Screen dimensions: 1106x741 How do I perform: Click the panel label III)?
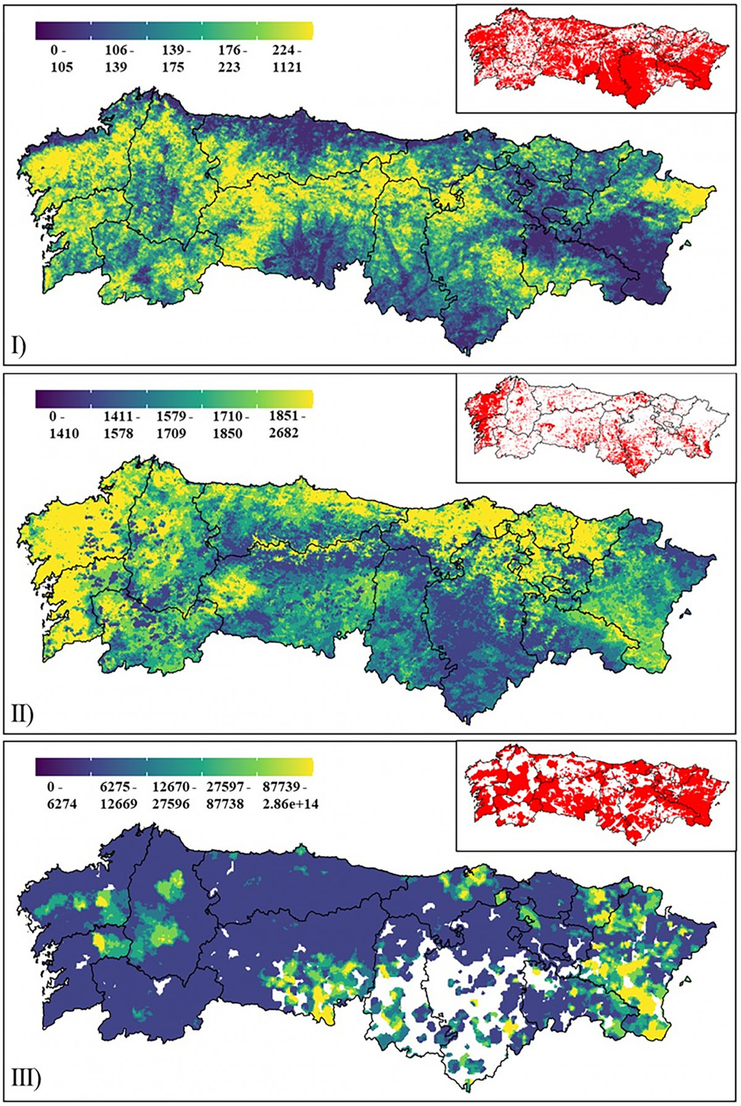(x=25, y=1080)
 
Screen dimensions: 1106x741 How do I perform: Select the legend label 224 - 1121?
(x=287, y=59)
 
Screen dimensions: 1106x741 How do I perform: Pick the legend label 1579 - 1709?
(x=171, y=425)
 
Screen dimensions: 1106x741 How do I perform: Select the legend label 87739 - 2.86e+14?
(x=290, y=796)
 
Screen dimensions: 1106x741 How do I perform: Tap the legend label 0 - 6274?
(x=61, y=796)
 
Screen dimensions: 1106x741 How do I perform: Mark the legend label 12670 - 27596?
(x=174, y=796)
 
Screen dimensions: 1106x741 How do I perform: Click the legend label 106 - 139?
(x=116, y=59)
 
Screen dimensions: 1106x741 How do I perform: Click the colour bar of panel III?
(x=174, y=766)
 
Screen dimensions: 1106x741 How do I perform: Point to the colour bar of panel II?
(x=174, y=398)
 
